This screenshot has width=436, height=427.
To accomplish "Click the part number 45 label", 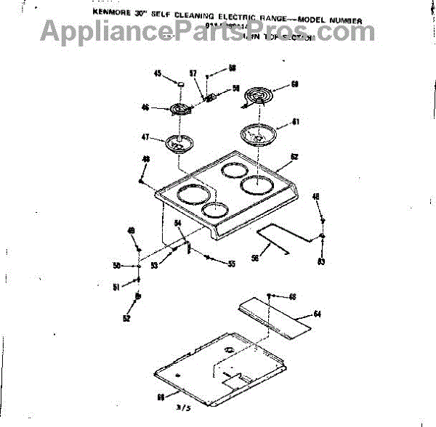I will [x=158, y=73].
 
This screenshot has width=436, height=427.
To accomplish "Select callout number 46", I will [x=145, y=108].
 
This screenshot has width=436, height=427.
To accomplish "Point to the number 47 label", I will [x=145, y=137].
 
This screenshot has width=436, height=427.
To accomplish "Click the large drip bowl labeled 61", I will [x=255, y=134].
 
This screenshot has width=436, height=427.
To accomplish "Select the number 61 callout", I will [x=295, y=122].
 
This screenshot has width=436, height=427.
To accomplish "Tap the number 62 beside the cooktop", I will [x=294, y=157].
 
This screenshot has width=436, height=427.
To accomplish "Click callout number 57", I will [x=193, y=73].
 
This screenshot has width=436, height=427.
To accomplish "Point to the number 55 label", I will [x=231, y=264].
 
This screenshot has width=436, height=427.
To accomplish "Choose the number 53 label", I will [x=155, y=265].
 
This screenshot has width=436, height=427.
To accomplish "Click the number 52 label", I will [x=126, y=317].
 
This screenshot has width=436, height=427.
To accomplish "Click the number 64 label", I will [x=317, y=314].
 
